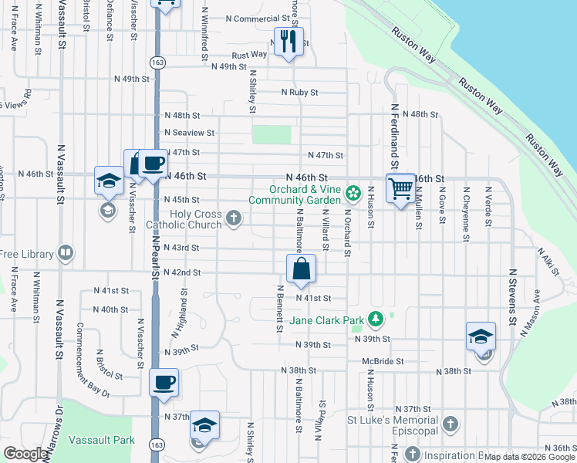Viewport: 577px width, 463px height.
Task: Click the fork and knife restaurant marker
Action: (x=288, y=41)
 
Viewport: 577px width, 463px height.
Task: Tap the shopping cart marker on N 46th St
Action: (x=400, y=188)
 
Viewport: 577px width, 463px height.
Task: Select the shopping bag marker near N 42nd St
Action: (x=302, y=269)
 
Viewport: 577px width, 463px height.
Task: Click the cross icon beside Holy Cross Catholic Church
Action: (x=233, y=220)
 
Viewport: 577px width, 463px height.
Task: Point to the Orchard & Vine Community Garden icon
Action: (x=354, y=191)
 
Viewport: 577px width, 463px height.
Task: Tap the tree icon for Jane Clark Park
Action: (x=376, y=318)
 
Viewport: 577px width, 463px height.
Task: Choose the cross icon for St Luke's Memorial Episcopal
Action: (x=450, y=424)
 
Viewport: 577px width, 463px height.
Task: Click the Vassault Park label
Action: (x=102, y=440)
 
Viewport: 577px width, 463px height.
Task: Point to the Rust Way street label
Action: (x=249, y=55)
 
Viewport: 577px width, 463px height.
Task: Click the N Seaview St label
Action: (x=187, y=133)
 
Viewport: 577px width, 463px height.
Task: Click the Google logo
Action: (x=26, y=454)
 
